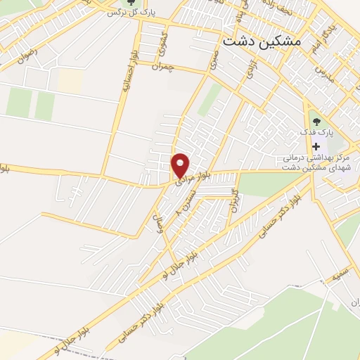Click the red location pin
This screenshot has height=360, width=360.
181,165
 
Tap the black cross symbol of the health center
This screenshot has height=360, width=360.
314,146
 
